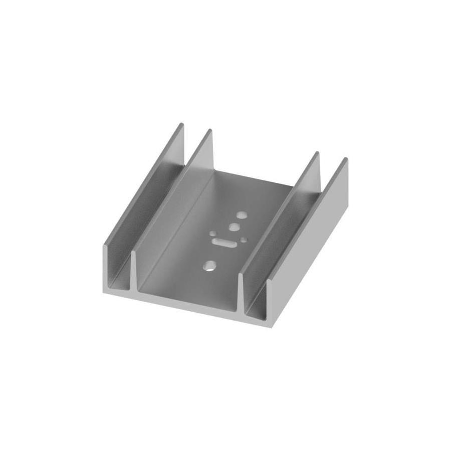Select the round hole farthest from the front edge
point(242,215)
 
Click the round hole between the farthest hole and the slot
point(233,228)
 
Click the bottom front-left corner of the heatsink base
point(105,292)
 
